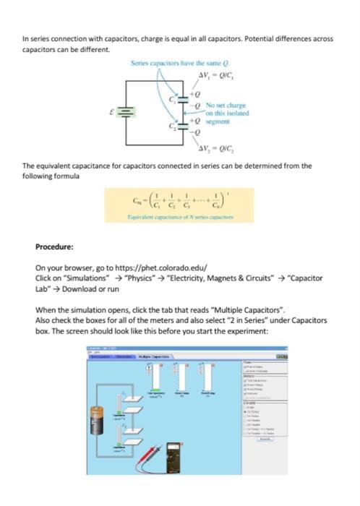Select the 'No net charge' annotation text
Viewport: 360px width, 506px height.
[x=223, y=106]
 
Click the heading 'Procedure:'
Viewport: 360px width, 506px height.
[x=56, y=245]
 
